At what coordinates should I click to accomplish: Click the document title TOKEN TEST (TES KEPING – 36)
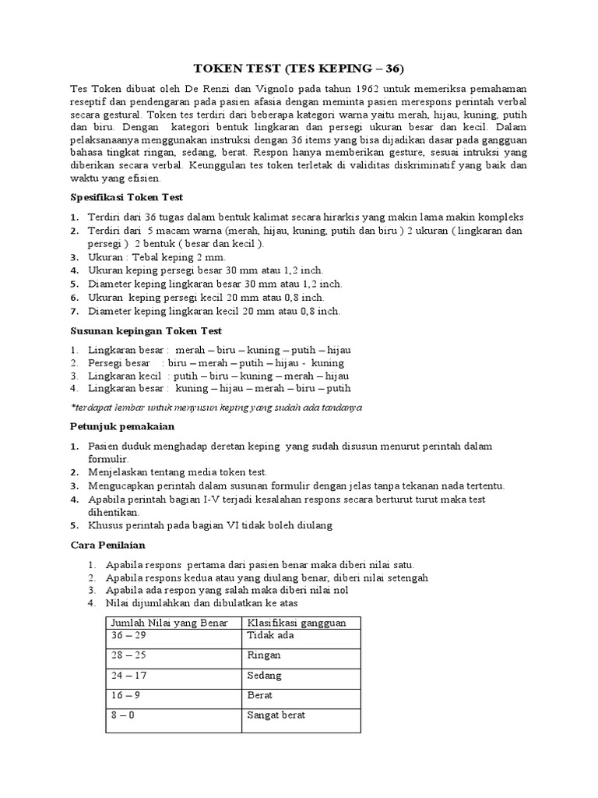[x=299, y=67]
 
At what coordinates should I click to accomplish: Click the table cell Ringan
[x=264, y=655]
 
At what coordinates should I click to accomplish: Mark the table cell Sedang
[x=264, y=676]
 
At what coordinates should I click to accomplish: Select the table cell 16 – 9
[x=126, y=695]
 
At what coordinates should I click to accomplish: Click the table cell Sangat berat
[x=276, y=715]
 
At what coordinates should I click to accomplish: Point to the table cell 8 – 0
[x=123, y=715]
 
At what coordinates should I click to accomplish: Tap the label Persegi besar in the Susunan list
[x=119, y=362]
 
